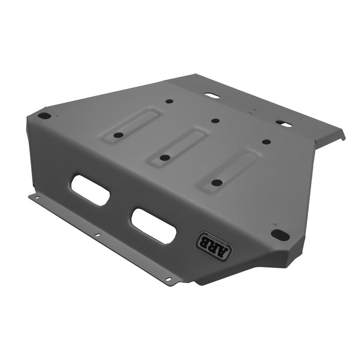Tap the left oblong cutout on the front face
point(90,190)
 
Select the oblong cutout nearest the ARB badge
point(153,226)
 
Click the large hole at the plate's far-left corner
point(44,116)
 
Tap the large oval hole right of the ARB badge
point(280,234)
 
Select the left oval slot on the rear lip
point(211,96)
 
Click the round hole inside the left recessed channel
point(118,135)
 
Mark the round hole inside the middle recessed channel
point(165,158)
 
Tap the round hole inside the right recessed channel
point(217,183)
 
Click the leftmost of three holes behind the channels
point(169,101)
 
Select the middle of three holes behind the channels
point(215,121)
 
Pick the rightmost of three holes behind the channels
point(266,142)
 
